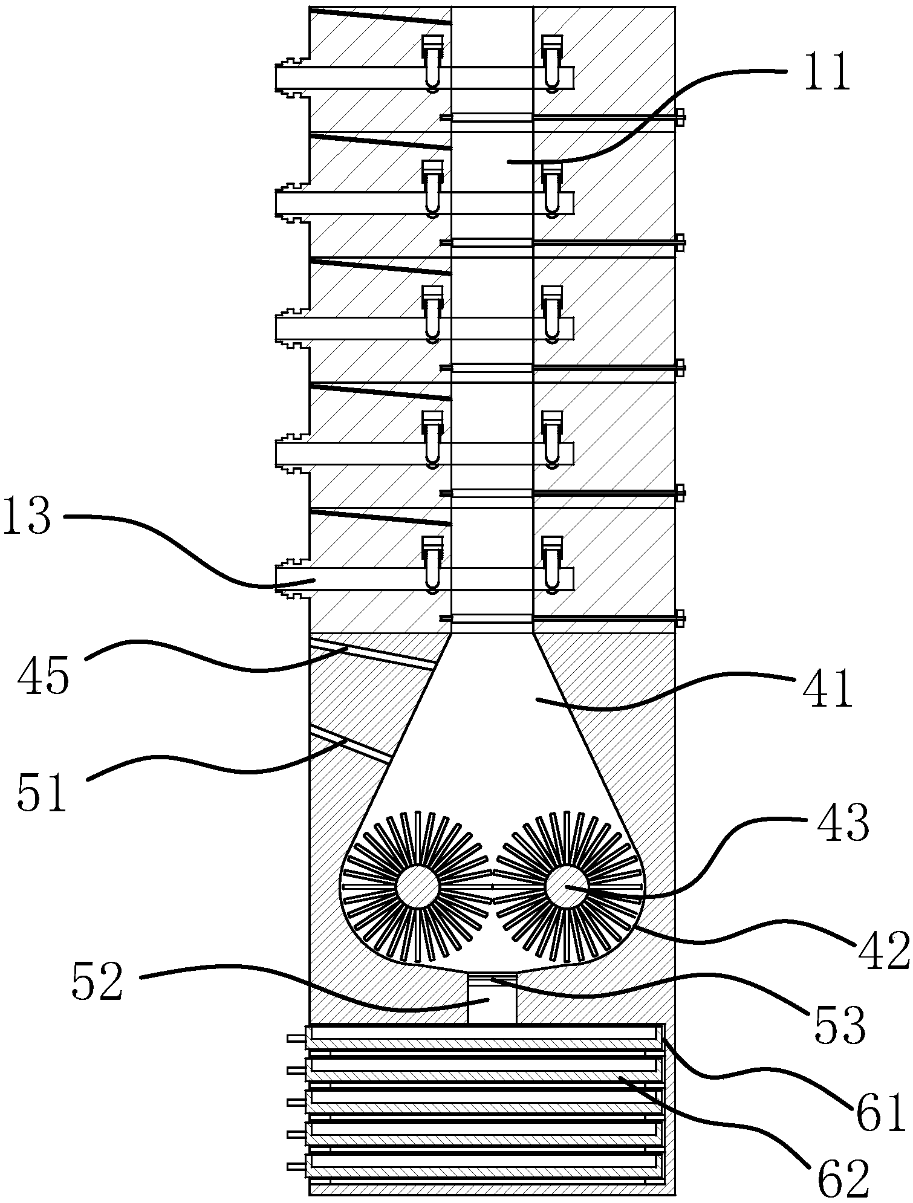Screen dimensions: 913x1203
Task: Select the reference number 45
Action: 43,676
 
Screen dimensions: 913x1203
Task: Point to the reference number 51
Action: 42,794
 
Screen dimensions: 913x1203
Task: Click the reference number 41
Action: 827,690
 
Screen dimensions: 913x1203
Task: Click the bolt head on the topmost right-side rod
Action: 681,117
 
